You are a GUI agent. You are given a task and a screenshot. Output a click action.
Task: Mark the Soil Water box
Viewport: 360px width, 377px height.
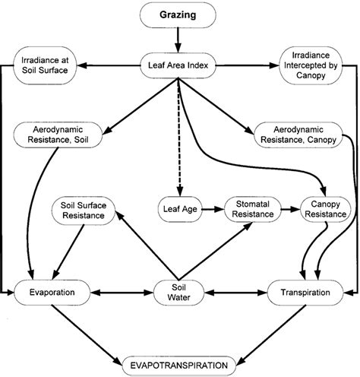point(180,291)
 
